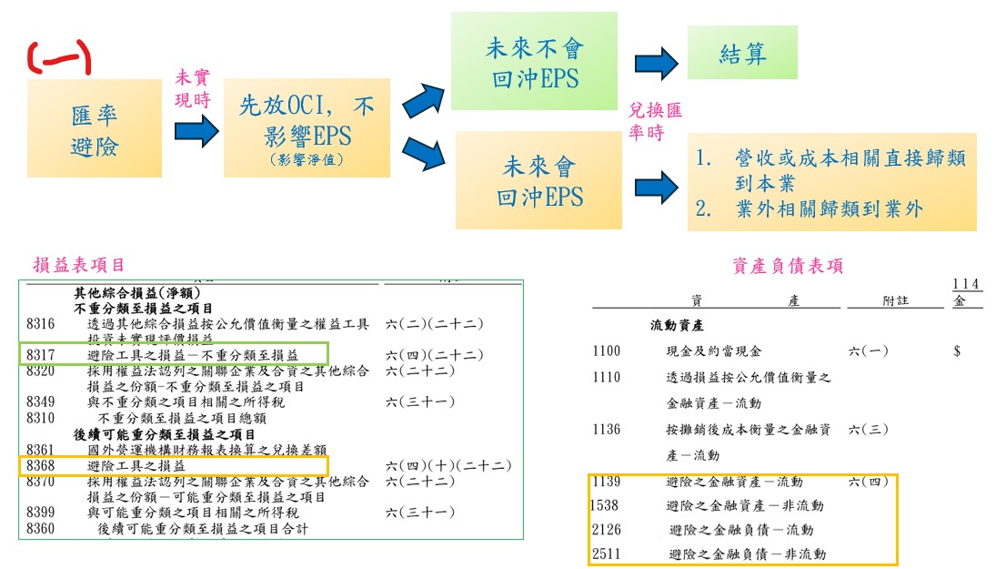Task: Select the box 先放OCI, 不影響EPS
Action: (307, 127)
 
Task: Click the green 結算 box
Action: (742, 53)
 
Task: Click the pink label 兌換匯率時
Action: (655, 120)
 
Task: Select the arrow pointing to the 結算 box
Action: (657, 63)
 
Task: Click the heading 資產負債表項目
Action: (788, 265)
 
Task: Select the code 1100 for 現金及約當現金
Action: (606, 351)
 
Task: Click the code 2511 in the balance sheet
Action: (606, 554)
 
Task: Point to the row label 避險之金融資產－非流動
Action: (746, 505)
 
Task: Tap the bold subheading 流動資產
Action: (675, 325)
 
